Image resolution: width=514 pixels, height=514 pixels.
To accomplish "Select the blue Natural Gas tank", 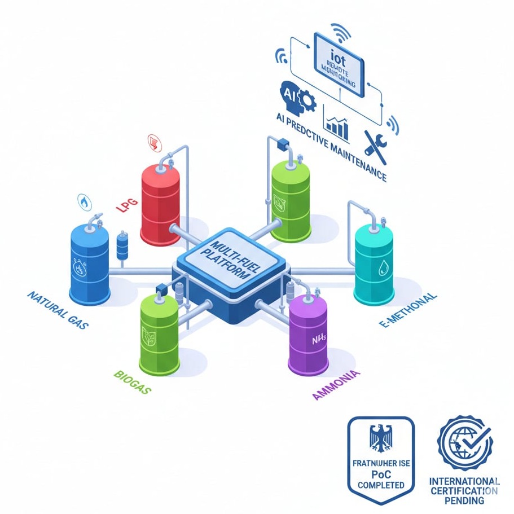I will point(89,263).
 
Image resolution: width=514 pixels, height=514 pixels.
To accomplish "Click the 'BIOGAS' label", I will point(132,382).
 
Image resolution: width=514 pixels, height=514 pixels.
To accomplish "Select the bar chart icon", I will point(337,128).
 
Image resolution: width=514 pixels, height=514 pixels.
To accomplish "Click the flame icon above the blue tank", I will point(84,201).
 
